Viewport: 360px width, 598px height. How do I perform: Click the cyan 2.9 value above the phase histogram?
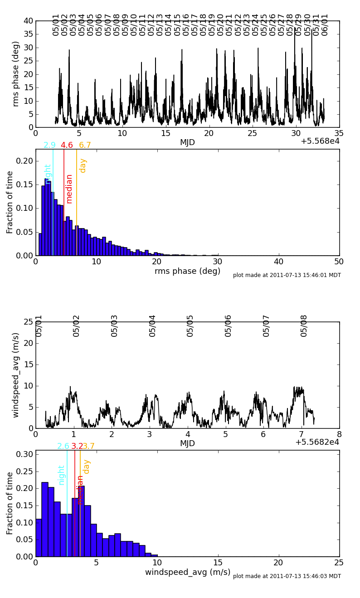point(49,146)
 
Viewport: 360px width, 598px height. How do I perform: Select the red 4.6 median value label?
point(67,146)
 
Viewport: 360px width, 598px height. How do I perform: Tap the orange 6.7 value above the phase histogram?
point(85,146)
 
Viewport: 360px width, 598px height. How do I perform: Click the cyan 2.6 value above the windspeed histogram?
point(63,446)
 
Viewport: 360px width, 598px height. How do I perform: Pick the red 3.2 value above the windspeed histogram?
point(77,446)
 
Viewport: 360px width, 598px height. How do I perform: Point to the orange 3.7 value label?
point(89,446)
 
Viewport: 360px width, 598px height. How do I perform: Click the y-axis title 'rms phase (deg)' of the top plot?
point(16,73)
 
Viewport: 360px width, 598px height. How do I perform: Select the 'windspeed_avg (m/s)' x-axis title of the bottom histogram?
point(188,572)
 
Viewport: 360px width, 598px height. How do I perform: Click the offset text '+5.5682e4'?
point(317,442)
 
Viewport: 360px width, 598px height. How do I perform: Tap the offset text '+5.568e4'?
point(320,141)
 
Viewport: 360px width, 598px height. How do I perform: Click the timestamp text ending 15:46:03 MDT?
point(287,576)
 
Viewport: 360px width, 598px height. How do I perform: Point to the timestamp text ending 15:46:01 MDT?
point(287,275)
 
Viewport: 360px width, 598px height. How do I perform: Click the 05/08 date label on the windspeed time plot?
point(304,326)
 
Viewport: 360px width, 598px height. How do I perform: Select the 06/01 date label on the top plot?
point(325,24)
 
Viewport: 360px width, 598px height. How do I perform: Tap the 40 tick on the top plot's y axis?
point(28,21)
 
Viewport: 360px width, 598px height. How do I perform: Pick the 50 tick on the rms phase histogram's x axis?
point(339,262)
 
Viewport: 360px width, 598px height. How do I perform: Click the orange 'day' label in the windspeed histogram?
point(87,467)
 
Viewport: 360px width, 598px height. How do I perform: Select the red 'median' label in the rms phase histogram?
point(69,189)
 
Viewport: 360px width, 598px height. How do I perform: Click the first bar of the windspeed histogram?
point(39,538)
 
